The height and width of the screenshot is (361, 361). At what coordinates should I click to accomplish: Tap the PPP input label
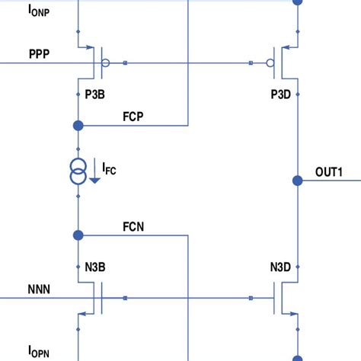click(x=40, y=54)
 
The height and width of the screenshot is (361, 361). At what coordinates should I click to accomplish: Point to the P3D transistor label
click(x=282, y=93)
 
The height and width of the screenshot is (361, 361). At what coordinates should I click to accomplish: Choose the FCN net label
click(x=134, y=226)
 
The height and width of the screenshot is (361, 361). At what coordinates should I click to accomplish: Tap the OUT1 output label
click(x=329, y=173)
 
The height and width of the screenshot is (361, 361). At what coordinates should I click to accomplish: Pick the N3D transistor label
click(x=281, y=267)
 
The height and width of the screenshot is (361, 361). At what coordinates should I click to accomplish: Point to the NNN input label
click(x=40, y=289)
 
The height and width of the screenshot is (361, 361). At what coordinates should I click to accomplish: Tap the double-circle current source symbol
click(x=77, y=171)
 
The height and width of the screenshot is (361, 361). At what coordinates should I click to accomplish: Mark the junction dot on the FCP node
click(x=77, y=125)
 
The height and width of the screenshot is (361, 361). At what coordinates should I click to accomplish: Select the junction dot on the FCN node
click(x=77, y=235)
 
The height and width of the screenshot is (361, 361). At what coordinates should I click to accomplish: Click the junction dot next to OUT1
click(x=297, y=180)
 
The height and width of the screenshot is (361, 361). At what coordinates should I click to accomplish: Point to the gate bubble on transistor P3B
click(x=106, y=63)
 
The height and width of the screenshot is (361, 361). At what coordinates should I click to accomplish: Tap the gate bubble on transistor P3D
click(x=268, y=63)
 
